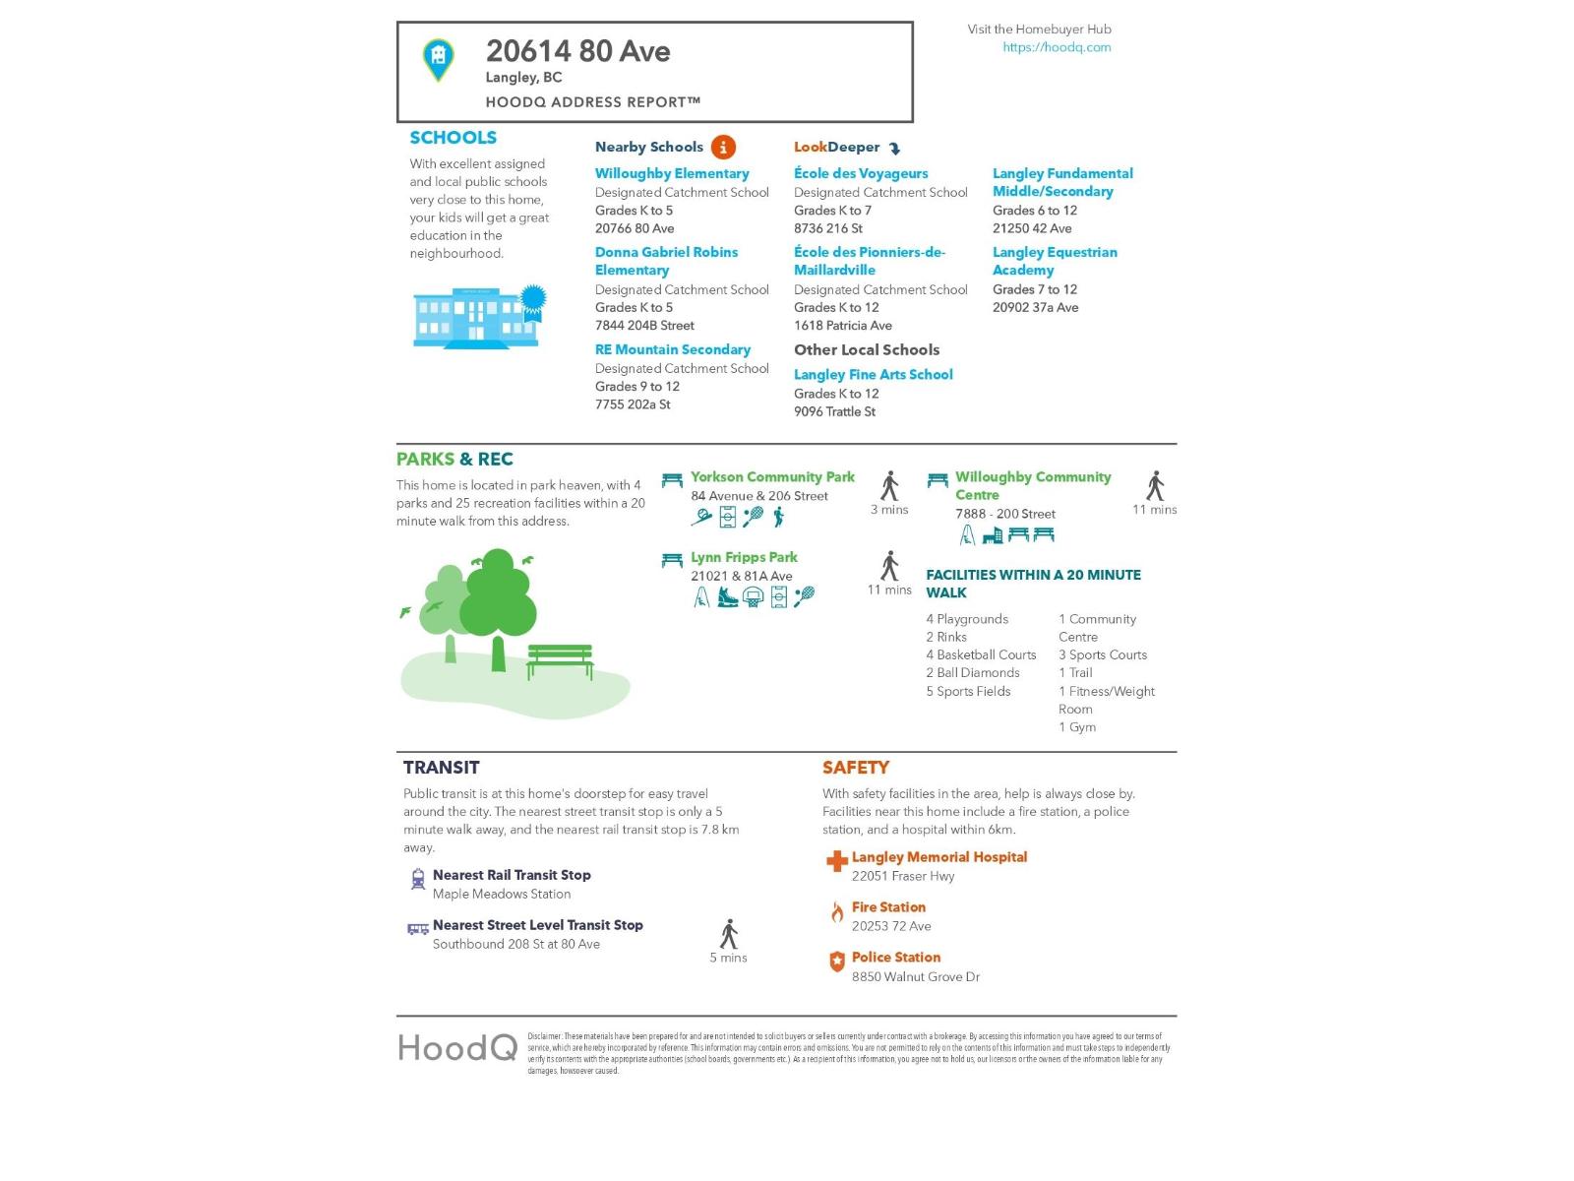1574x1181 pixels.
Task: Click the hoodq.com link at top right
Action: pos(1056,47)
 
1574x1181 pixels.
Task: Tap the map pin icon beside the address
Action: pos(438,59)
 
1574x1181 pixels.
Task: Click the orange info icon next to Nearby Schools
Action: pos(722,148)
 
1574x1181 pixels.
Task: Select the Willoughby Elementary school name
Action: pos(672,173)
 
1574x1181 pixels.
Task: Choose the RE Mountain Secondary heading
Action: pos(672,349)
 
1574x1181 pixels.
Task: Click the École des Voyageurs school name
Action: pos(861,173)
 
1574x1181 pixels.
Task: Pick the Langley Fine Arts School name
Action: pos(873,374)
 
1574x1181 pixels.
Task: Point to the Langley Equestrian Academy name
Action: pos(1054,261)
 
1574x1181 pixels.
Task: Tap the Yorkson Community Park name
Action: pos(772,477)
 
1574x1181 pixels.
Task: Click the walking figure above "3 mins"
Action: pos(889,486)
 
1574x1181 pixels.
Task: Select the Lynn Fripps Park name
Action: pos(744,557)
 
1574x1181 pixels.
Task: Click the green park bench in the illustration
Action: pos(560,660)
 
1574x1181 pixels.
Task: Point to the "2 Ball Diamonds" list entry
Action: pos(972,673)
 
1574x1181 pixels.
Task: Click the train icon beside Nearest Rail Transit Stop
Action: pos(418,879)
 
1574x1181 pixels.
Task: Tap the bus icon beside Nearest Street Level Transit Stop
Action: pos(418,928)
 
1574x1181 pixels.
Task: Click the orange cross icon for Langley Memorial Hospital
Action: pos(836,862)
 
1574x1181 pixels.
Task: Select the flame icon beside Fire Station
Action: pos(836,913)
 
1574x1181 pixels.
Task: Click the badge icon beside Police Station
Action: pos(836,963)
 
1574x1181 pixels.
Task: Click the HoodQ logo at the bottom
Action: pos(457,1048)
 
